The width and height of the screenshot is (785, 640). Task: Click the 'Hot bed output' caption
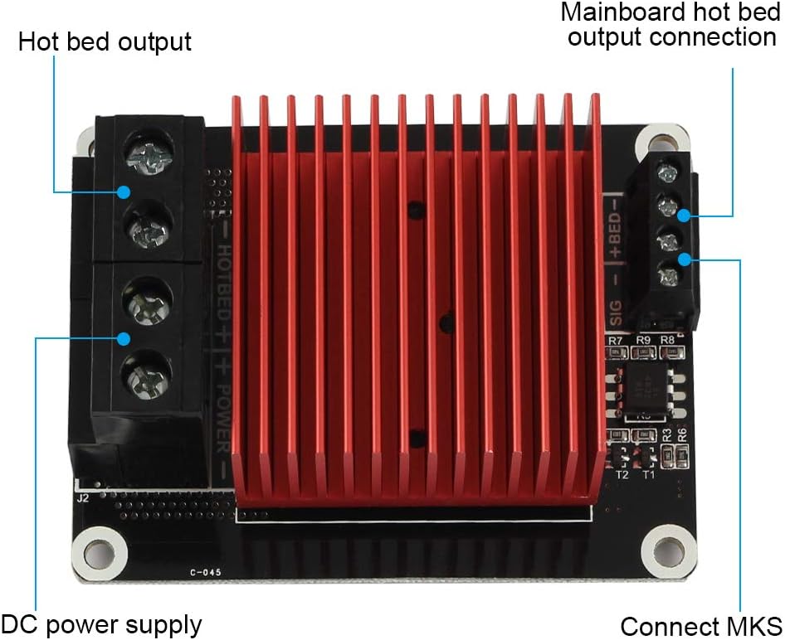click(105, 41)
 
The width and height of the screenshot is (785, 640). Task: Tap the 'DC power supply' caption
click(101, 623)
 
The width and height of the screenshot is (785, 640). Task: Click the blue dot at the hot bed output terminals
click(123, 192)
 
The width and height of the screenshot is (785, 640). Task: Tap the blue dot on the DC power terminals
click(123, 337)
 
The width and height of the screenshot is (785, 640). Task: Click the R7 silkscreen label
click(615, 341)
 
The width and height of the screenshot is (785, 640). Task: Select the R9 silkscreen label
click(643, 341)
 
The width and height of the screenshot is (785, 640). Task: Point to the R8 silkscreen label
click(667, 341)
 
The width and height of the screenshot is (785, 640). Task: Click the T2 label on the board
click(622, 475)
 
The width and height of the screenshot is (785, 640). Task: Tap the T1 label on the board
click(649, 475)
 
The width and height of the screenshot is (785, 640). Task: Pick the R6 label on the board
click(681, 434)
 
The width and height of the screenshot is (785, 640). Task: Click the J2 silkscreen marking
click(82, 499)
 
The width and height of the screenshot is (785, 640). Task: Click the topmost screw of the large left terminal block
click(149, 156)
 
